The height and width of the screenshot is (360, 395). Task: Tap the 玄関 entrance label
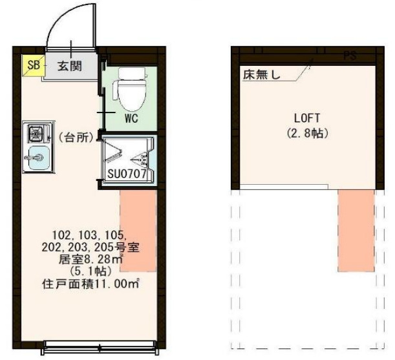(69, 66)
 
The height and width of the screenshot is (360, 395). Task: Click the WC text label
(132, 118)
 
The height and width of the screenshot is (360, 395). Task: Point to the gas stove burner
(36, 134)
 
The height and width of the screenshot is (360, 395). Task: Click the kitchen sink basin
(36, 156)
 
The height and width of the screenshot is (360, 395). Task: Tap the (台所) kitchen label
(76, 137)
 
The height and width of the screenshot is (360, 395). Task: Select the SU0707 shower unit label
(130, 174)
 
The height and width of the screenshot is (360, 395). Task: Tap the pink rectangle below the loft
(356, 229)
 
